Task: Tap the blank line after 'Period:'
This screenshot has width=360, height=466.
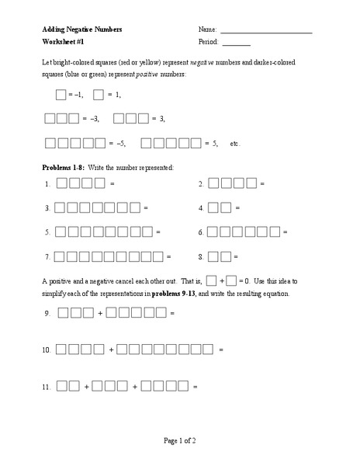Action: [236, 45]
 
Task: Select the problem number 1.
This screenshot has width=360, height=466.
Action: [47, 184]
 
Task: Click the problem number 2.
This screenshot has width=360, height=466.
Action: [201, 184]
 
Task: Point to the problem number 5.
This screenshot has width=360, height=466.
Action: [47, 232]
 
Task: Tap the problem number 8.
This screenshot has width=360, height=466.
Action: [201, 256]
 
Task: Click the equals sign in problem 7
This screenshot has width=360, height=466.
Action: [169, 256]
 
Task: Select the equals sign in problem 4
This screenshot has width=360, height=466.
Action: [237, 208]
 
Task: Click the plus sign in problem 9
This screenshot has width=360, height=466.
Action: [100, 313]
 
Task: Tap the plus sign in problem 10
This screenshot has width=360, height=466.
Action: [112, 350]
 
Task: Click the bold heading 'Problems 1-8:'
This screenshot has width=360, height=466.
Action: [65, 168]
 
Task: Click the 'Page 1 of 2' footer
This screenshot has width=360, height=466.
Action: [180, 441]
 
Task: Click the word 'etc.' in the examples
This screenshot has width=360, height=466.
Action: [236, 144]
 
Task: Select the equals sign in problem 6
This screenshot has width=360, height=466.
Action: [286, 232]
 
